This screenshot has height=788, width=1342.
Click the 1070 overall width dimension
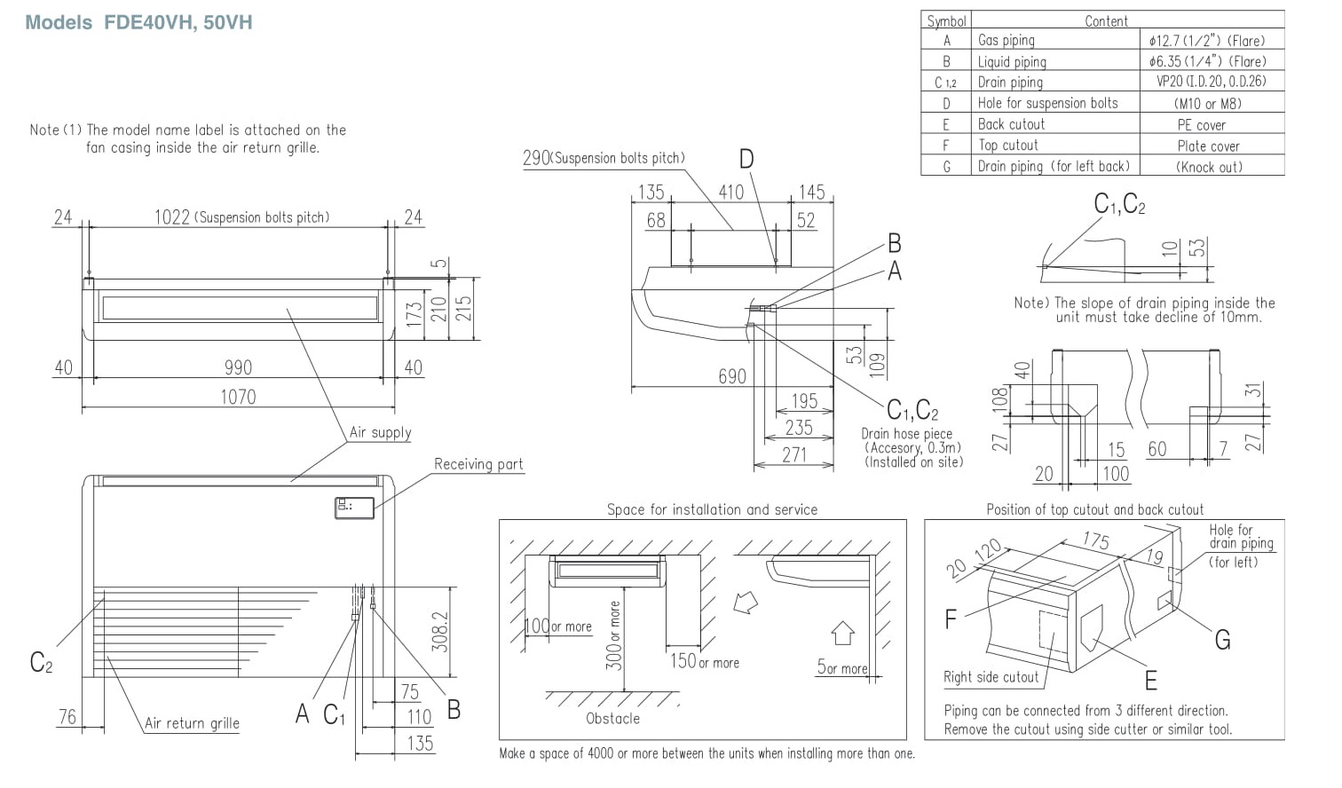point(238,397)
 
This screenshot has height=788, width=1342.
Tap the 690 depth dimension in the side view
point(731,377)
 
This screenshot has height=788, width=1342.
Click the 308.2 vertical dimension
point(440,632)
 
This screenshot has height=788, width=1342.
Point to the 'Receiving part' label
point(478,464)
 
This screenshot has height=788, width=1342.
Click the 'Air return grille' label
point(192,723)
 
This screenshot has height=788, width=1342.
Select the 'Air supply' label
point(380,432)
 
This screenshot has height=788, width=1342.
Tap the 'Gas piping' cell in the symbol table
point(1006,40)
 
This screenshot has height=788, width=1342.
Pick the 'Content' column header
point(1106,20)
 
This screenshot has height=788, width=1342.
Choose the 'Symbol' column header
point(946,20)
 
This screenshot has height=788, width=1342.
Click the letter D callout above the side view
point(746,159)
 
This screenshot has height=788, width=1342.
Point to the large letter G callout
point(1222,640)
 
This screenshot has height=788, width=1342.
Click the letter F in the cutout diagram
point(951,619)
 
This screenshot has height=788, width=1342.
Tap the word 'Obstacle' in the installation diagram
point(612,718)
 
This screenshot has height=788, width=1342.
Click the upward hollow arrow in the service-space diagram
point(842,633)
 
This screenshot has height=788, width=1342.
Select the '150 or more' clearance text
point(705,661)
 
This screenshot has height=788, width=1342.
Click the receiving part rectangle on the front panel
point(354,508)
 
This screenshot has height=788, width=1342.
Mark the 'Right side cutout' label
point(991,677)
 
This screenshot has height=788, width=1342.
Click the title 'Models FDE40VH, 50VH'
point(139,22)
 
